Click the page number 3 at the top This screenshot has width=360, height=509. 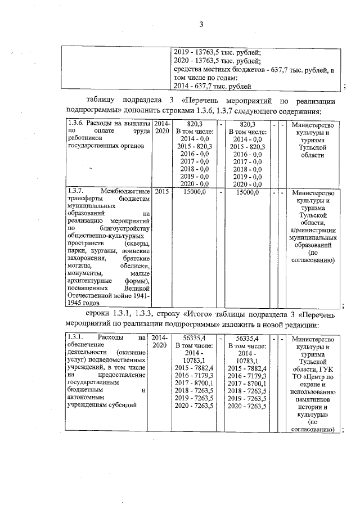coord(200,24)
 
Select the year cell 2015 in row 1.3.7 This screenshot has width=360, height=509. coord(162,192)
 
